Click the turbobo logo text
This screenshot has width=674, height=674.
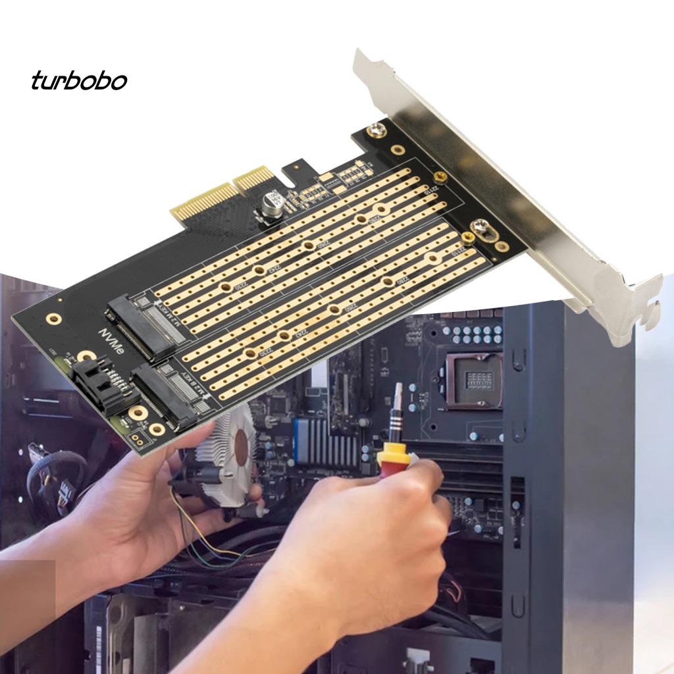click(79, 80)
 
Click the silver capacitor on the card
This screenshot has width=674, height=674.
click(271, 203)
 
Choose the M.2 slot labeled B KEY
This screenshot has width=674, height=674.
click(168, 392)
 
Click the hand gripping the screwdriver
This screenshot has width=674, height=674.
click(369, 527)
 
